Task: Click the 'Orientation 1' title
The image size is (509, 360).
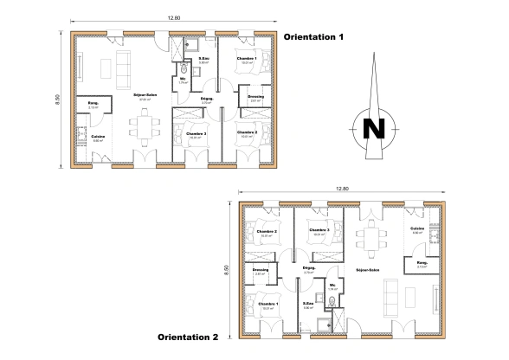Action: pyautogui.click(x=315, y=37)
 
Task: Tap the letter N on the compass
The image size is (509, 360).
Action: pyautogui.click(x=375, y=127)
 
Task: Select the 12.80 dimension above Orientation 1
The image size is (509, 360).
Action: pyautogui.click(x=174, y=18)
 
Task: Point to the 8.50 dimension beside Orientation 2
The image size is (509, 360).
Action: pyautogui.click(x=227, y=269)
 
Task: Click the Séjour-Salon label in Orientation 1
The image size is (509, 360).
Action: pyautogui.click(x=146, y=95)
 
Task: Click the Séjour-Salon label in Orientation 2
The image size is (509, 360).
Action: pyautogui.click(x=370, y=269)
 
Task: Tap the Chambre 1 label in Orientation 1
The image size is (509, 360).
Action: pyautogui.click(x=248, y=58)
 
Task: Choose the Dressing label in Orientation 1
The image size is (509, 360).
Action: pyautogui.click(x=254, y=96)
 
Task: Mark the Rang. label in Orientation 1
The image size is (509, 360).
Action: pyautogui.click(x=93, y=104)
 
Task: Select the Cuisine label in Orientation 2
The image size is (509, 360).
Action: pyautogui.click(x=416, y=228)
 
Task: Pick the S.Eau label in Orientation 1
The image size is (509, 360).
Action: pyautogui.click(x=205, y=59)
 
